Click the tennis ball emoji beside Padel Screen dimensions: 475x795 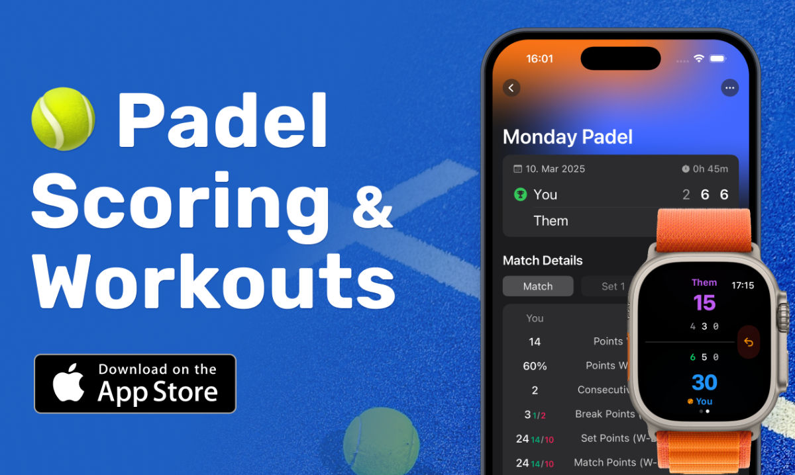[63, 119]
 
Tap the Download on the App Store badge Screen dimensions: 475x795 [135, 384]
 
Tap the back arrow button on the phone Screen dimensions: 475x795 [511, 88]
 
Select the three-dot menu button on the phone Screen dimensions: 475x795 [729, 88]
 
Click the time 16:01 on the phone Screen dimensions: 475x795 [539, 59]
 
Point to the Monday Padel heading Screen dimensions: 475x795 [568, 137]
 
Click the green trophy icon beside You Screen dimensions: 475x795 [520, 194]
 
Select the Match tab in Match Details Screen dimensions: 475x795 [537, 286]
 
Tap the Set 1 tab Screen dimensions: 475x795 [612, 286]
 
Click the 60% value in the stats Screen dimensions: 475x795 [535, 366]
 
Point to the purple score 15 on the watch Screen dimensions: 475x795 [704, 303]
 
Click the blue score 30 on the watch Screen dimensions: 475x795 [704, 382]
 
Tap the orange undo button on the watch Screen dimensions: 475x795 [749, 342]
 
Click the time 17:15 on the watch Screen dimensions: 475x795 [742, 286]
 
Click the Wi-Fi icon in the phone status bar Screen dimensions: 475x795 [698, 59]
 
